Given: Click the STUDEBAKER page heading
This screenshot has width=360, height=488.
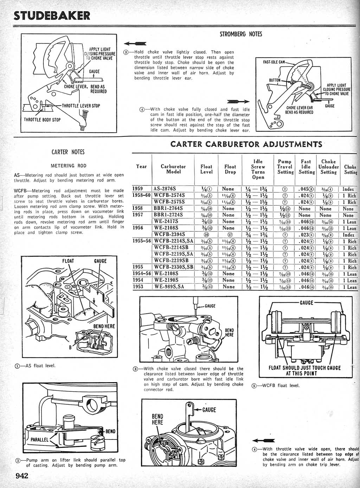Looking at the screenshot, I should [51, 15].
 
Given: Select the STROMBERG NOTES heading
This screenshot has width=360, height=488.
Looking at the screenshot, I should [241, 34].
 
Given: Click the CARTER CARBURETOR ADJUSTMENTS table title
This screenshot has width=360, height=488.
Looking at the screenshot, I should [246, 144].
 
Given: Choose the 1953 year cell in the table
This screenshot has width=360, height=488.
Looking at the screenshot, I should [138, 287].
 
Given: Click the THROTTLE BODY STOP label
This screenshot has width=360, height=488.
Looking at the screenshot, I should [42, 120].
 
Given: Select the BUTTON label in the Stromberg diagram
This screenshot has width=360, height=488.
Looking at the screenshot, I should [275, 80].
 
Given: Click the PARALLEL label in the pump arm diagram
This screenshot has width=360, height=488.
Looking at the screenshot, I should [39, 439].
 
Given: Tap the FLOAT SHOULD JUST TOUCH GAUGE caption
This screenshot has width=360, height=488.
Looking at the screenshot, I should [305, 371].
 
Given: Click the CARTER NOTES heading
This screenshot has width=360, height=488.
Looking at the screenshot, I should [68, 152].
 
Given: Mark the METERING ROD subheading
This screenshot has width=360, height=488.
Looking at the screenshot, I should [68, 166].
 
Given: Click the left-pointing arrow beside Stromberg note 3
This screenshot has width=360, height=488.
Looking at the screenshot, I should [135, 43].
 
